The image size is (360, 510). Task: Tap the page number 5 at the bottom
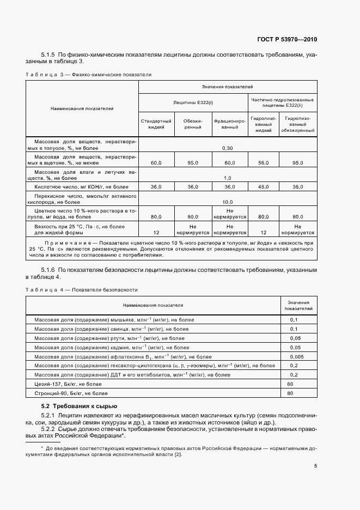[x=315, y=466]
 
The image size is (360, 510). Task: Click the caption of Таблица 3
[x=88, y=74]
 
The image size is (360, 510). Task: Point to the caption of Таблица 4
[x=81, y=289]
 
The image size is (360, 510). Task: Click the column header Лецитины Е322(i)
[x=193, y=102]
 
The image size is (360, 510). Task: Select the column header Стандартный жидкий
[x=156, y=124]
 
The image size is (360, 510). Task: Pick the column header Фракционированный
[x=229, y=124]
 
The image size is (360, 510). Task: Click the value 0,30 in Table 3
[x=228, y=148]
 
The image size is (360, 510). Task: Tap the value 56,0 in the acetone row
[x=264, y=162]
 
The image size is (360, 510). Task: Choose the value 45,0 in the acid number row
[x=264, y=186]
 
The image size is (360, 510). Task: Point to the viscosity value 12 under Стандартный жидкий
[x=156, y=231]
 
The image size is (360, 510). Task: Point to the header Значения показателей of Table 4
[x=297, y=305]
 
